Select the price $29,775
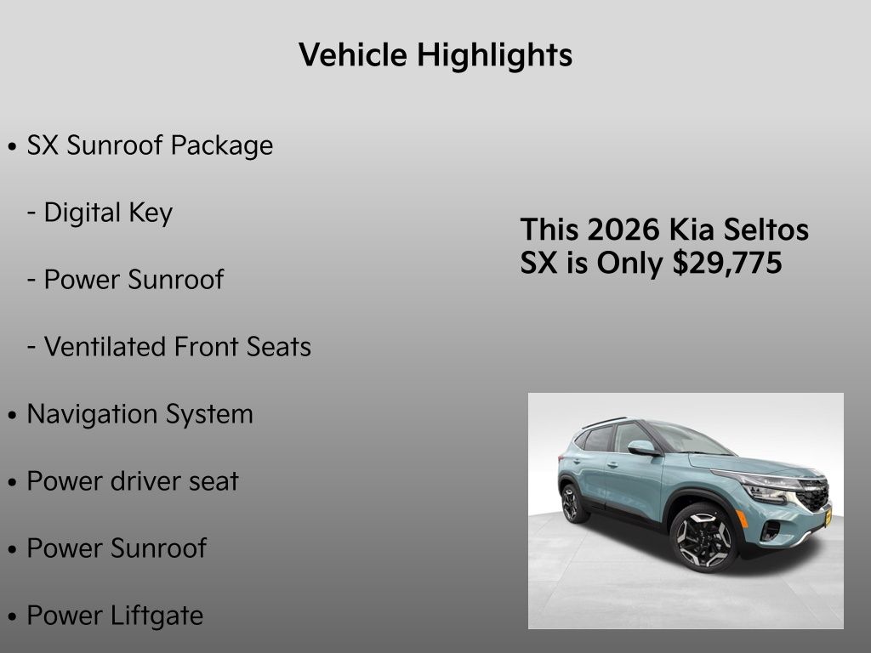click(727, 264)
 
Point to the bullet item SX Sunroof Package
click(150, 145)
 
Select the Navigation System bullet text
click(140, 414)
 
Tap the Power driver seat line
click(133, 481)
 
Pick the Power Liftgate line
click(115, 616)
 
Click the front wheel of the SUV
click(703, 537)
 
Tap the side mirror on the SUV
click(641, 447)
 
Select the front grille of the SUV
click(813, 494)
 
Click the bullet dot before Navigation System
click(12, 416)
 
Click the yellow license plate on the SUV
click(827, 515)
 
